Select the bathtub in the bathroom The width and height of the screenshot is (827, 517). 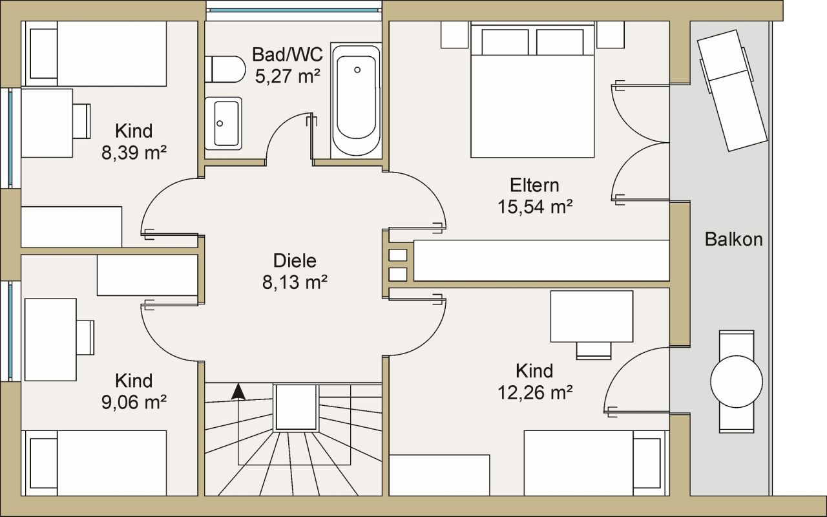[356, 100]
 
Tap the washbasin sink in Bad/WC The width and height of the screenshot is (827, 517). [224, 123]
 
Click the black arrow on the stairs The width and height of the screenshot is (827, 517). [238, 390]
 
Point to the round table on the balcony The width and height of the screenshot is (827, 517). [736, 381]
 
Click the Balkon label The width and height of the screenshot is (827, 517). [733, 240]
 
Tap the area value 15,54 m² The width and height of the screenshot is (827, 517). [535, 206]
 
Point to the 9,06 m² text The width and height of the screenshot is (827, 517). [134, 401]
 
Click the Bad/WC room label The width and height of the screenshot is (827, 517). [287, 54]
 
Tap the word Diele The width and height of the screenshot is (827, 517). [295, 261]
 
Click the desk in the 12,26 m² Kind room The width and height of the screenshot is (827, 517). [591, 316]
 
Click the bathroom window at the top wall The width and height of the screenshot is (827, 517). [294, 10]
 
